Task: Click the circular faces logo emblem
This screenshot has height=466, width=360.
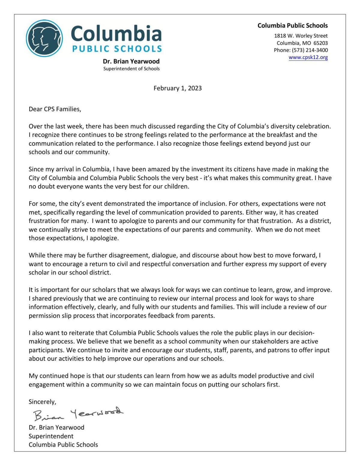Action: (44, 38)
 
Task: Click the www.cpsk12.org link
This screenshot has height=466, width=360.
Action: (308, 57)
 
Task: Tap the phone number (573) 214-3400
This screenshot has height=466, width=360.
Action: (310, 50)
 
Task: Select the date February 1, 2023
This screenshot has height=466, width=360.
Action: (178, 88)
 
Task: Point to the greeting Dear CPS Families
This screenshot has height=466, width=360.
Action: (55, 109)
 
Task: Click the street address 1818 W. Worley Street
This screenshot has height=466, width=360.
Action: (301, 36)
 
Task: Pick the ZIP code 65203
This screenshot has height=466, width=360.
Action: (320, 43)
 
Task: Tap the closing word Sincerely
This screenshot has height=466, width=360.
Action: (42, 402)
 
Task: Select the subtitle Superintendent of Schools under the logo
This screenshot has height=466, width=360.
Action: (131, 69)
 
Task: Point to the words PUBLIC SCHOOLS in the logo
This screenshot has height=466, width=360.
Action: (117, 49)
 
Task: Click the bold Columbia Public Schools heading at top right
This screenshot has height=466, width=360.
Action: (292, 26)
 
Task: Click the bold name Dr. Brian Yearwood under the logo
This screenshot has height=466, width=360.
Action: (131, 61)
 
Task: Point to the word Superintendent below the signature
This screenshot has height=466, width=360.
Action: (51, 436)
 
